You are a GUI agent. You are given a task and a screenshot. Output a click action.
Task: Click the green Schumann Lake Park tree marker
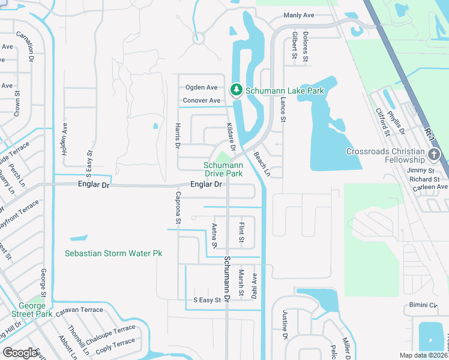click(237, 90)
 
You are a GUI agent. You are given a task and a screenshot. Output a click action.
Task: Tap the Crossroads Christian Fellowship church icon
click(434, 155)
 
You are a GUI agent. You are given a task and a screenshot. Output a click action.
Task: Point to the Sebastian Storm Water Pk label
click(113, 254)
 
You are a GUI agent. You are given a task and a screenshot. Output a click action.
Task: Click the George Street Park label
click(32, 310)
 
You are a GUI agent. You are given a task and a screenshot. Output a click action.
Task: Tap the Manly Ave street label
click(298, 16)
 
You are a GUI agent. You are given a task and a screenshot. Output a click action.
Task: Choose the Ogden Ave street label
click(201, 88)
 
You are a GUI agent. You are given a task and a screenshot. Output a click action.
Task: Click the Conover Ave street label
click(201, 100)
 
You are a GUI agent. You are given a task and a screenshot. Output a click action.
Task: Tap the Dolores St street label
click(306, 47)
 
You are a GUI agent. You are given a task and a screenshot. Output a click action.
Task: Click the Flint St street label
click(241, 233)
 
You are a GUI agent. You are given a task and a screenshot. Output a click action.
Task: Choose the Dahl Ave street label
click(255, 286)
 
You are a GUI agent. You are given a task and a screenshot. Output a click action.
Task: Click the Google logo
click(20, 352)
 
